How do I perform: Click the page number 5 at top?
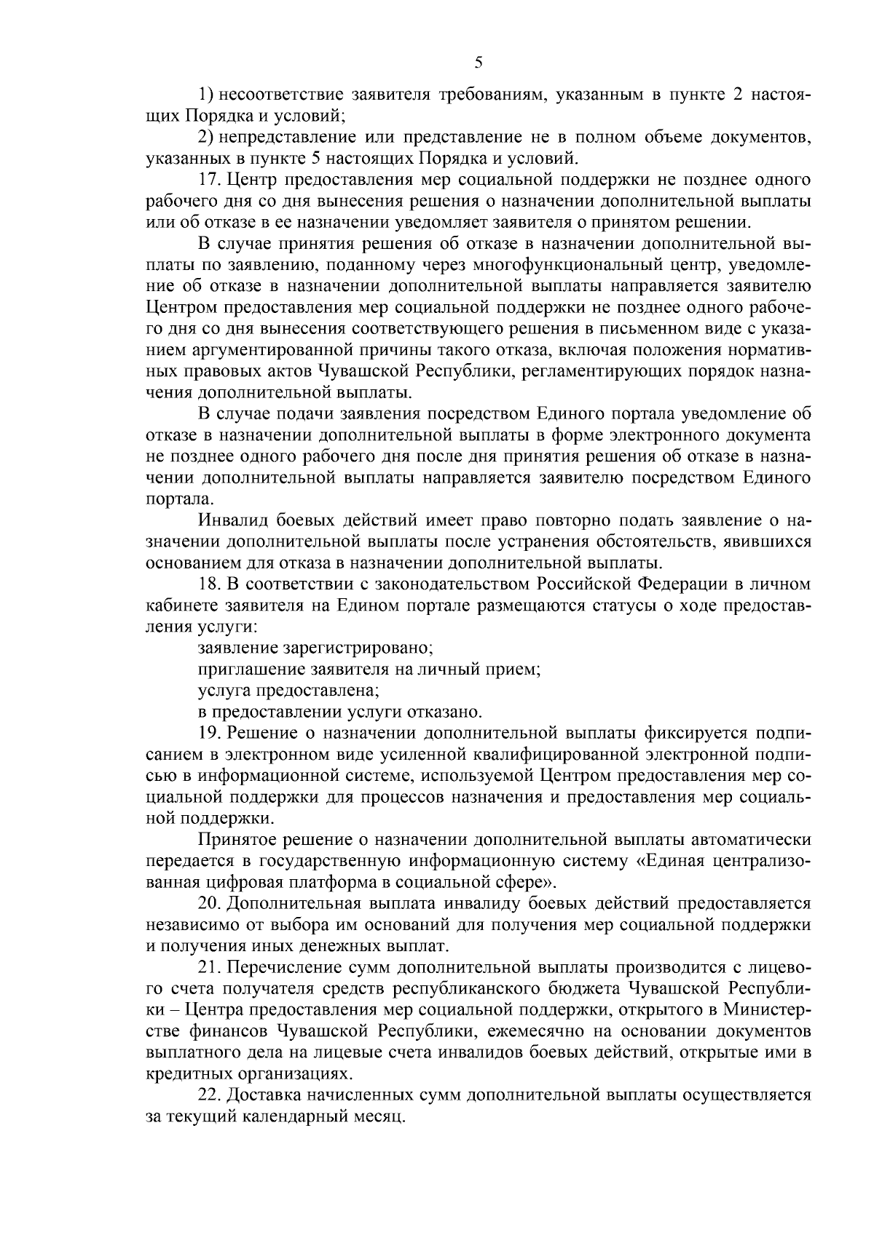pyautogui.click(x=479, y=63)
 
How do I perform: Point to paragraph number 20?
pyautogui.click(x=210, y=903)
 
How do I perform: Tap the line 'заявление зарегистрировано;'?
pyautogui.click(x=315, y=647)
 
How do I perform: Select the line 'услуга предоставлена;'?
pyautogui.click(x=288, y=689)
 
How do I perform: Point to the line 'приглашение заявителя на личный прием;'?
pyautogui.click(x=369, y=668)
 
